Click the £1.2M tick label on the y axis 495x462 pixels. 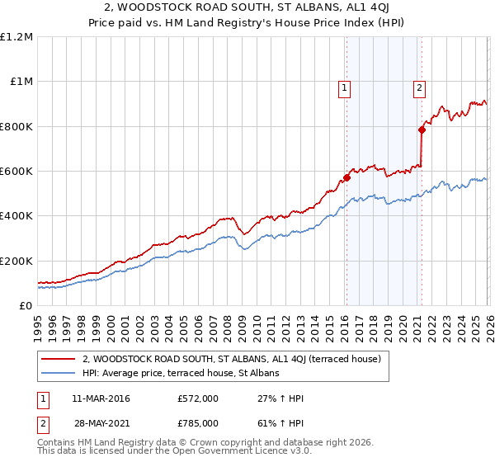(16, 37)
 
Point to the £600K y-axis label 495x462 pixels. (16, 172)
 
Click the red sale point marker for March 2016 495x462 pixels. (346, 177)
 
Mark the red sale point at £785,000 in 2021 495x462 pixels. (422, 130)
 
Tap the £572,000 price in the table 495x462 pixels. (197, 398)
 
